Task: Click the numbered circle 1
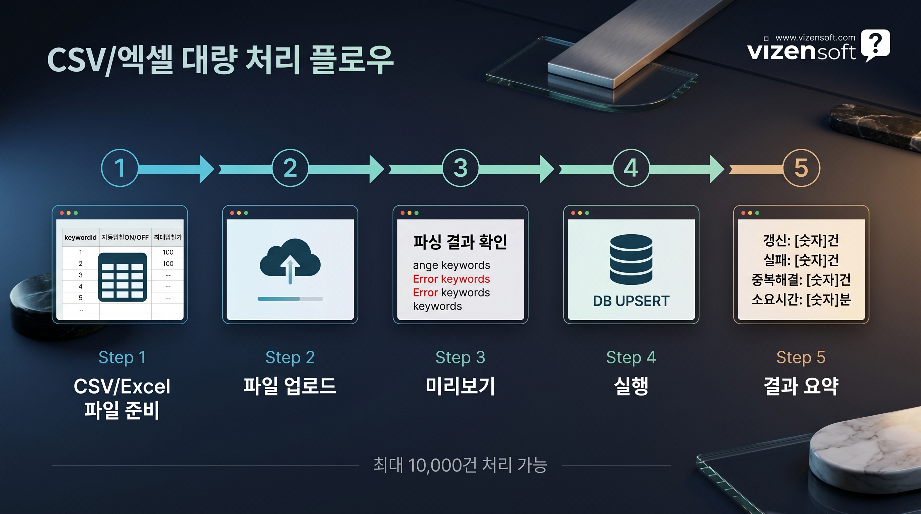pos(119,168)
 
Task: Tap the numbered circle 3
pos(460,168)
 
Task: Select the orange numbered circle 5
pos(801,168)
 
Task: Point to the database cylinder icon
pos(631,259)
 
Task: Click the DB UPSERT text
pos(631,301)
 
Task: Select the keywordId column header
pos(80,237)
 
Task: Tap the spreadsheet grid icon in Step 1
pos(122,277)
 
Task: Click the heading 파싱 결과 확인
pos(460,242)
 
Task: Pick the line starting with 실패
pos(801,260)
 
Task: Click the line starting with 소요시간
pos(801,299)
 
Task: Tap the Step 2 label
pos(290,357)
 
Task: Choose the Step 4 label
pos(631,357)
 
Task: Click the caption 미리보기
pos(460,386)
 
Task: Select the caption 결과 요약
pos(801,386)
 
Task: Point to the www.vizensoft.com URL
pos(815,37)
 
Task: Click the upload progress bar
pos(290,299)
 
